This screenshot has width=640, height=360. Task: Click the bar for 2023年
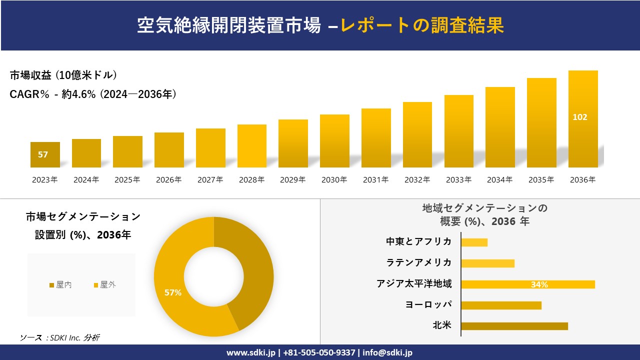tap(45, 155)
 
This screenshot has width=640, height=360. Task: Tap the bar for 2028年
tap(252, 146)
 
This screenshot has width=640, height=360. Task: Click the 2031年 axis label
tap(375, 180)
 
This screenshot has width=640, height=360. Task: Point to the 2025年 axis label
tap(127, 180)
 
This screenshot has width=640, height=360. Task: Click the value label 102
tap(580, 117)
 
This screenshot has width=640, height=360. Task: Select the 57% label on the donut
tap(173, 293)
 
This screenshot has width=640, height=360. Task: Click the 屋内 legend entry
tap(60, 285)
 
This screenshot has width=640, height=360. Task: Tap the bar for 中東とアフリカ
tap(474, 242)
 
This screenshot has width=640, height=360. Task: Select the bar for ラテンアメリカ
tap(487, 263)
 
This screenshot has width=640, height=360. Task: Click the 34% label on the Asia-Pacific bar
tap(539, 284)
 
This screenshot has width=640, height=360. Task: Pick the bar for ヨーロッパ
tap(501, 305)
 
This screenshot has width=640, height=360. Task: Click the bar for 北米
tap(514, 326)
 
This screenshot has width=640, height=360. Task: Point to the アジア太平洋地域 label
tap(414, 284)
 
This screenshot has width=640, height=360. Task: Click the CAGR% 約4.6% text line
tap(93, 94)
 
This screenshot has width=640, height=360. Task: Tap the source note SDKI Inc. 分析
tap(59, 337)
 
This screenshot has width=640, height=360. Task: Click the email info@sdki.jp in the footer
tap(387, 352)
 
